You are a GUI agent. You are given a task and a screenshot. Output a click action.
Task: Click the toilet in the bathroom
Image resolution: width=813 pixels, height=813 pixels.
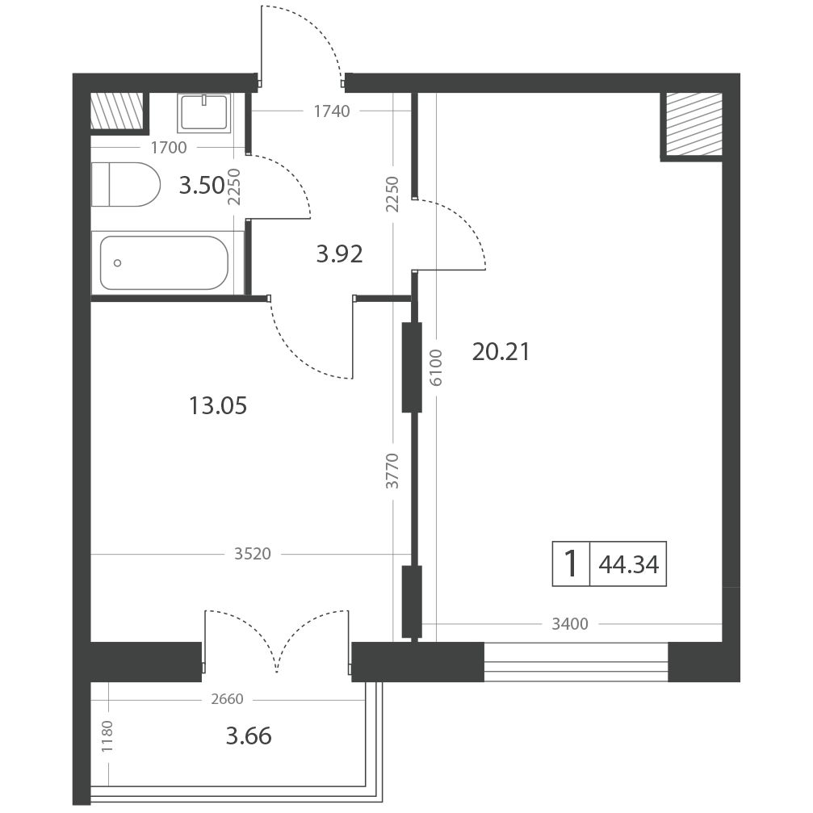(x=125, y=185)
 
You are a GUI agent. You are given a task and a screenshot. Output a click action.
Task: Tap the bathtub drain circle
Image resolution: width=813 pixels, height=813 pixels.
(x=118, y=263)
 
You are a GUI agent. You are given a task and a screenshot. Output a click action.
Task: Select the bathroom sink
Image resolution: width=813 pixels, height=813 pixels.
(x=203, y=112)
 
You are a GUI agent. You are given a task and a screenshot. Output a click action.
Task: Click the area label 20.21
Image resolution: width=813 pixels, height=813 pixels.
(x=501, y=352)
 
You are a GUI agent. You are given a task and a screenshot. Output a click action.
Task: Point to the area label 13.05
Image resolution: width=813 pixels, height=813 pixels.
(x=218, y=405)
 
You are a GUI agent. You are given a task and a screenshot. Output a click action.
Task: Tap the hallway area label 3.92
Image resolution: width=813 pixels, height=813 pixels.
(x=340, y=254)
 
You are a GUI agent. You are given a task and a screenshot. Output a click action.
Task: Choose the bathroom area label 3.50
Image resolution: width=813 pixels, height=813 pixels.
(x=202, y=185)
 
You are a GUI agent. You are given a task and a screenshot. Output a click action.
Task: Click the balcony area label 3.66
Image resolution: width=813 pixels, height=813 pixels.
(x=249, y=735)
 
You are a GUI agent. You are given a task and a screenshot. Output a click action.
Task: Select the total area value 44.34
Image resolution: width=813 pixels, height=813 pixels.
(x=628, y=564)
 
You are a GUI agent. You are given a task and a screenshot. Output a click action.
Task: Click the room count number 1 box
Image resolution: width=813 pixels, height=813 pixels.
(x=571, y=564)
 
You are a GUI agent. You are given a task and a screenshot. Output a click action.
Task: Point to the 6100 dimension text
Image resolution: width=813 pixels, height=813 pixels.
(x=436, y=367)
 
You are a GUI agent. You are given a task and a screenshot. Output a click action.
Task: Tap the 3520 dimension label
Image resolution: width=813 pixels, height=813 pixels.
(x=253, y=554)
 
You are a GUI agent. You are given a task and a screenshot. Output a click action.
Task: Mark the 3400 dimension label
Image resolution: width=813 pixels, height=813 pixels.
(x=570, y=624)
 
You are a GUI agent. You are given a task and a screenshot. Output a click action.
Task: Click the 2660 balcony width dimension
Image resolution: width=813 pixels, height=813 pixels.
(x=227, y=699)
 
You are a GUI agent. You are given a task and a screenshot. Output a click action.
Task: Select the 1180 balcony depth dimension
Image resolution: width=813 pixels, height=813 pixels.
(x=107, y=737)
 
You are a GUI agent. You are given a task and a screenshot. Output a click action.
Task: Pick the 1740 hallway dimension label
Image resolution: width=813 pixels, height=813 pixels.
(x=332, y=111)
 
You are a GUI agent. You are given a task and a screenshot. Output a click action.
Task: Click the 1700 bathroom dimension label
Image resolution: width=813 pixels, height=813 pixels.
(x=169, y=148)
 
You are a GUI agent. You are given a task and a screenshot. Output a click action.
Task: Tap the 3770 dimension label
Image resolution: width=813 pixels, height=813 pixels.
(x=392, y=471)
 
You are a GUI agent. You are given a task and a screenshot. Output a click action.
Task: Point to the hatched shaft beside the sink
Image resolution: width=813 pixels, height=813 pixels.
(x=116, y=111)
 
